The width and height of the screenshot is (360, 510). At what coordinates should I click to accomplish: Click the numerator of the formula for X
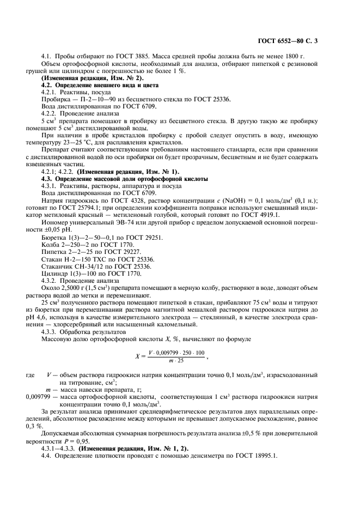[x=170, y=352]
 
